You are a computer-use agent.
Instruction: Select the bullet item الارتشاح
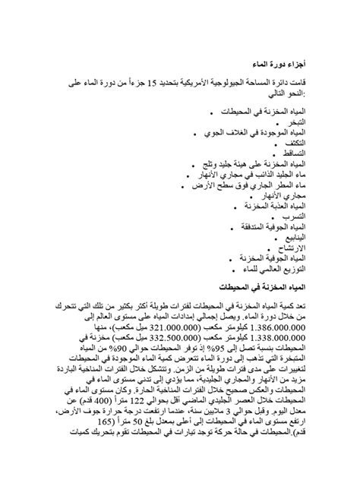point(289,248)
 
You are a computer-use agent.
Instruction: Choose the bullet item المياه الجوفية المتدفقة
point(267,226)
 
